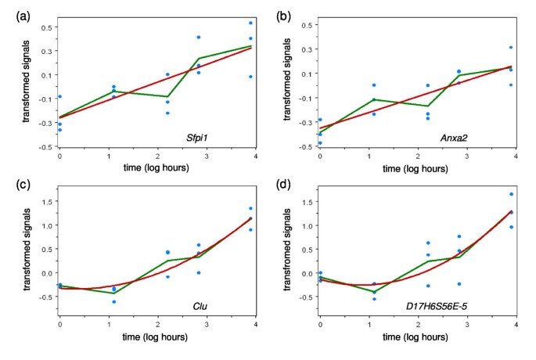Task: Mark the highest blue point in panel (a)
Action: point(250,23)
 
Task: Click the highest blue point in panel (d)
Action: point(511,194)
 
